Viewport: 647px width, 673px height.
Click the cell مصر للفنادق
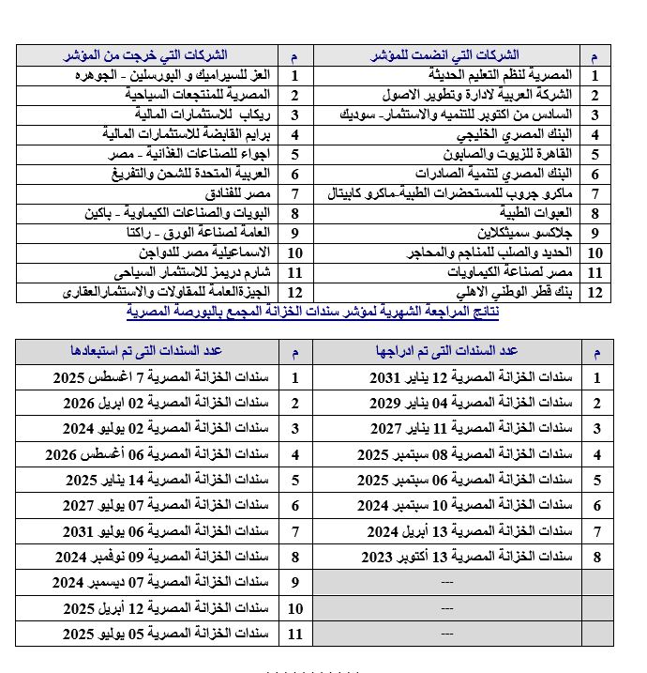239,193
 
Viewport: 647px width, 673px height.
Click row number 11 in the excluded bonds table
295,634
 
